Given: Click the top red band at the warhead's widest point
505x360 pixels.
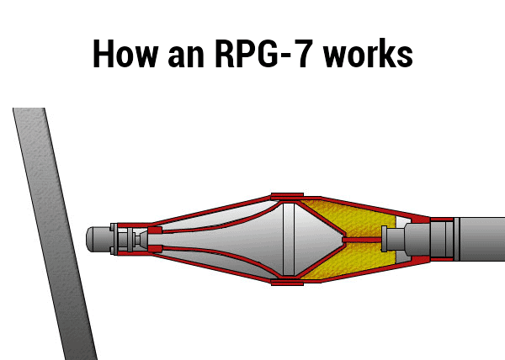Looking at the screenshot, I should click(x=286, y=195).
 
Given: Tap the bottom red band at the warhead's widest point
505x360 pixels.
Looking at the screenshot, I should click(x=286, y=282).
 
